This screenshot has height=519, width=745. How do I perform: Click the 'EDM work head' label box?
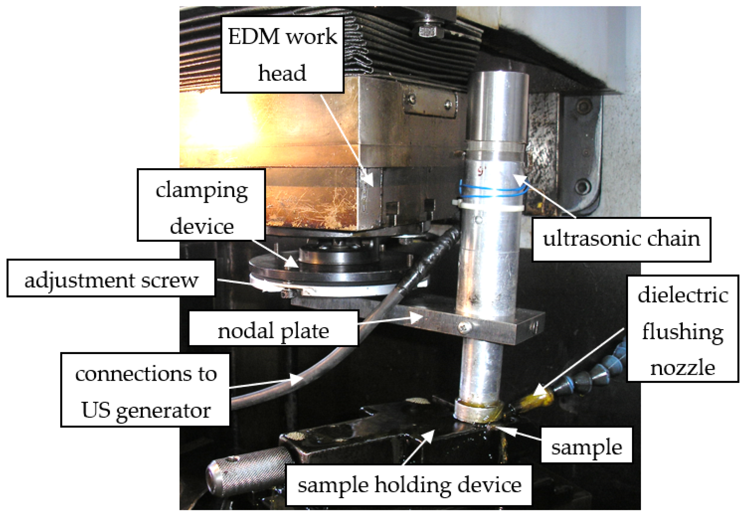pyautogui.click(x=282, y=54)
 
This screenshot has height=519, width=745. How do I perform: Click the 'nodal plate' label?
pyautogui.click(x=273, y=331)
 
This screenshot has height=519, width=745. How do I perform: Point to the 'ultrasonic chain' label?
pyautogui.click(x=621, y=239)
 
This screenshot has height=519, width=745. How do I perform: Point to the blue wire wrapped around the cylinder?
pyautogui.click(x=493, y=191)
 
